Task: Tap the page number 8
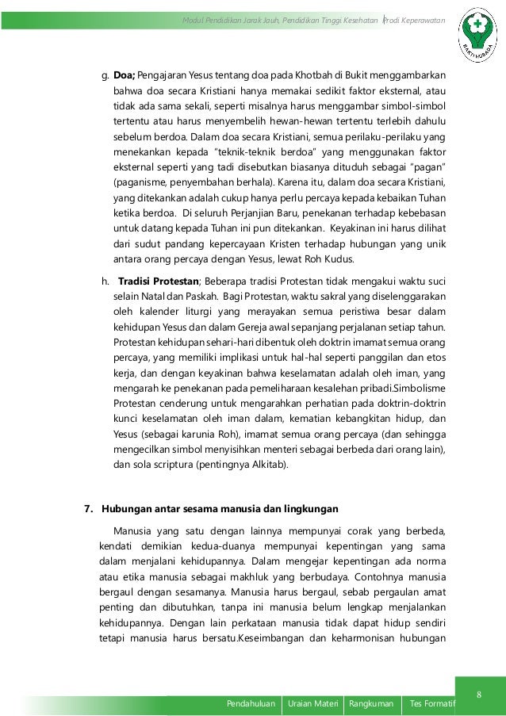[478, 696]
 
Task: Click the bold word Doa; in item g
[125, 76]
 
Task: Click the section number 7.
[88, 507]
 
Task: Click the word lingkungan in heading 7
[311, 507]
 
